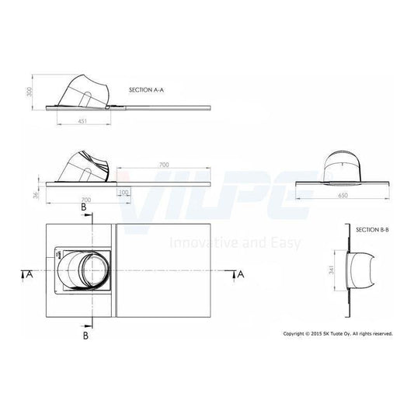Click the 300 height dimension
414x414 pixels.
click(x=30, y=92)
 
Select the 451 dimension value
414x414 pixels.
click(x=82, y=121)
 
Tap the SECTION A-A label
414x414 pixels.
click(x=146, y=90)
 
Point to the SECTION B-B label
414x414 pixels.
click(x=372, y=230)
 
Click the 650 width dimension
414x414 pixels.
click(x=343, y=196)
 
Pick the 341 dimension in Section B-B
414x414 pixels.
click(x=332, y=270)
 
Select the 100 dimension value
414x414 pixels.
click(x=124, y=192)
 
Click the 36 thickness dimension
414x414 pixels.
click(x=37, y=195)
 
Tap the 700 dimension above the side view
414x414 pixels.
click(x=164, y=165)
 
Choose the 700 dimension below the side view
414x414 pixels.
click(x=86, y=200)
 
